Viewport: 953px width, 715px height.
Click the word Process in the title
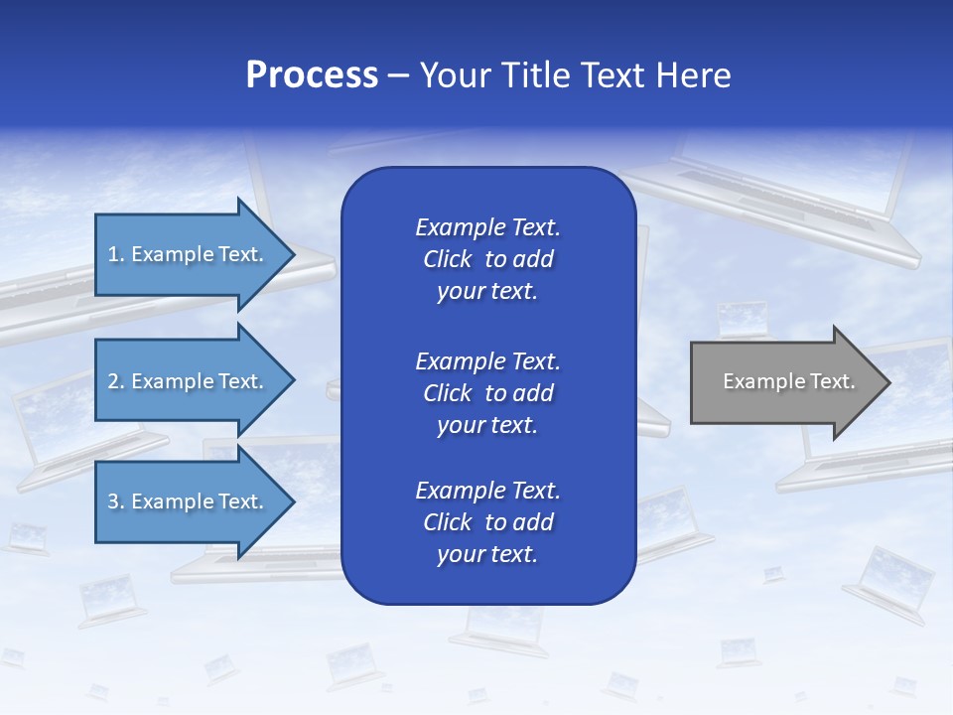312,75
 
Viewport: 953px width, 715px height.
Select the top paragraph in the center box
487,259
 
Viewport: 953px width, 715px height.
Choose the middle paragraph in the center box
487,392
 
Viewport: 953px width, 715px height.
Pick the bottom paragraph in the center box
487,522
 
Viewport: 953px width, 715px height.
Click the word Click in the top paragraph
447,259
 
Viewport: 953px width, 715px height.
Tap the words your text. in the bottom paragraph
487,554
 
